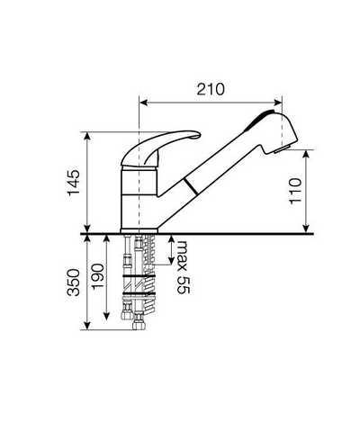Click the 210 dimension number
tap(211, 89)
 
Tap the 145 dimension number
tap(74, 183)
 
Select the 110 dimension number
tap(295, 191)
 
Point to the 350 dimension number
tap(74, 283)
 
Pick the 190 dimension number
tap(98, 277)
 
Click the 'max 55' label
tap(184, 267)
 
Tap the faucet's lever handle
tap(160, 148)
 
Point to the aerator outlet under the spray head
tap(282, 148)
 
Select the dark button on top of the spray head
tap(258, 120)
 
